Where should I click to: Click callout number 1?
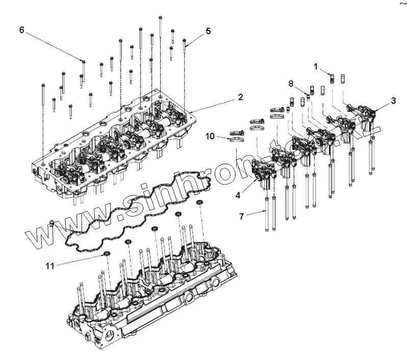click(x=316, y=66)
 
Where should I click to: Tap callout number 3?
click(x=393, y=100)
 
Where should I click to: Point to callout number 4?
click(x=238, y=194)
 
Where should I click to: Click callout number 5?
click(x=208, y=31)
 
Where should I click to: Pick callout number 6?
click(x=21, y=30)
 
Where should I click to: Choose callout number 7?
click(x=241, y=216)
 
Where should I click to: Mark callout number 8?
click(x=291, y=83)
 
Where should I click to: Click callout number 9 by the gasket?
click(x=52, y=223)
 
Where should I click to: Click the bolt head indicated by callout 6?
click(x=83, y=62)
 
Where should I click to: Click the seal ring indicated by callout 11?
click(x=107, y=253)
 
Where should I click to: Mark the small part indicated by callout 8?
click(x=308, y=95)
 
